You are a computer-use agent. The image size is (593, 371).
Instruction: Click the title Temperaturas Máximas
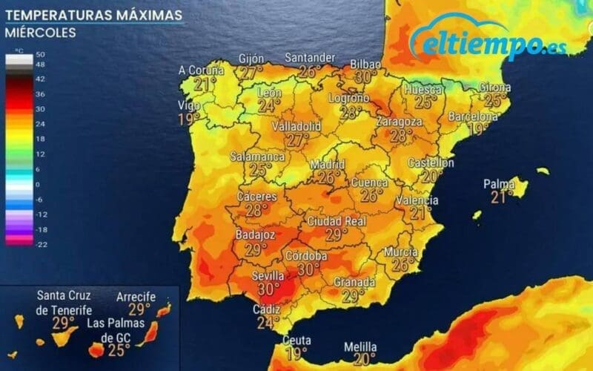(x=93, y=15)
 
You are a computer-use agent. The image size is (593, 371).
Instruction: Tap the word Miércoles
(x=40, y=33)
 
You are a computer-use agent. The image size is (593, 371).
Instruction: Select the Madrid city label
(x=328, y=164)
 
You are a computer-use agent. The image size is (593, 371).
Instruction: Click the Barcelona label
(x=473, y=116)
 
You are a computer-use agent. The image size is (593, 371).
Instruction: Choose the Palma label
(x=499, y=183)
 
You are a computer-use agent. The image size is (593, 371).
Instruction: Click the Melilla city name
(x=360, y=347)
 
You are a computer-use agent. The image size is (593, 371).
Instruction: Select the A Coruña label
(x=202, y=70)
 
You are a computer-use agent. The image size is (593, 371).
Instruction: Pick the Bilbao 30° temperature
(x=366, y=76)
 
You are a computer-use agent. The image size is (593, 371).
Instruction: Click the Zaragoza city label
(x=399, y=121)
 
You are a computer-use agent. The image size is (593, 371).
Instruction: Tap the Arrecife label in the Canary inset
(x=136, y=297)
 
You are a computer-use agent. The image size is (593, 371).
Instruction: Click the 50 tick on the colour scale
(x=40, y=55)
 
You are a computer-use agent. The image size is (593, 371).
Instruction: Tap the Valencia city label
(x=417, y=200)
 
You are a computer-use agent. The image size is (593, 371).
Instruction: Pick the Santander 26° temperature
(x=309, y=71)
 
